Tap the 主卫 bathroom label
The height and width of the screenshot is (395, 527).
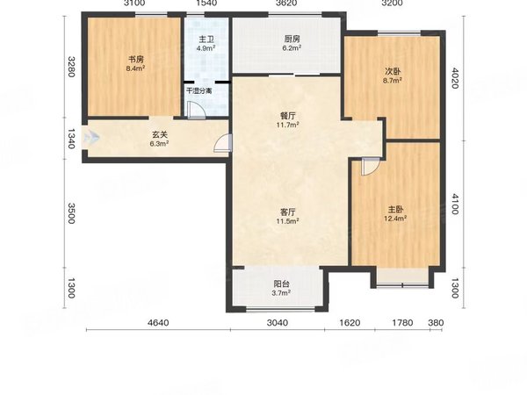pos(206,39)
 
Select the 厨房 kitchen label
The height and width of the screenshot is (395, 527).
pos(292,39)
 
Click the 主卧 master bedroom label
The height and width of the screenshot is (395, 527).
pos(395,210)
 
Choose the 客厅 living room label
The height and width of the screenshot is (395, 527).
pos(288,212)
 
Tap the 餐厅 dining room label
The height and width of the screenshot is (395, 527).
pos(288,116)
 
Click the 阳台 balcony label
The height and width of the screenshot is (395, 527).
pos(281,284)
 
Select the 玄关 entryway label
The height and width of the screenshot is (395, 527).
pos(160,134)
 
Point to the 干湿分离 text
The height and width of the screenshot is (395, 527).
pos(199,90)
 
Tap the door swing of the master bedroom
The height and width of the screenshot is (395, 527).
pos(371,167)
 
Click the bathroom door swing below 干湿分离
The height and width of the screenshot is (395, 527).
pos(197,110)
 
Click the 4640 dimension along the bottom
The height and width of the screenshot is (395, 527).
pos(158,323)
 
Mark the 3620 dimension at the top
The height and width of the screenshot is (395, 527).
pos(285,4)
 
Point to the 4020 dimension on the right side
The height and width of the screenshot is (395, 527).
pos(454,78)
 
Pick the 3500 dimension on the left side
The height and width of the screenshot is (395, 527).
pos(71,213)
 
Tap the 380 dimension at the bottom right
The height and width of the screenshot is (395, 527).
pos(436,323)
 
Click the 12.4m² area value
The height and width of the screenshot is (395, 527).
pos(395,219)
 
